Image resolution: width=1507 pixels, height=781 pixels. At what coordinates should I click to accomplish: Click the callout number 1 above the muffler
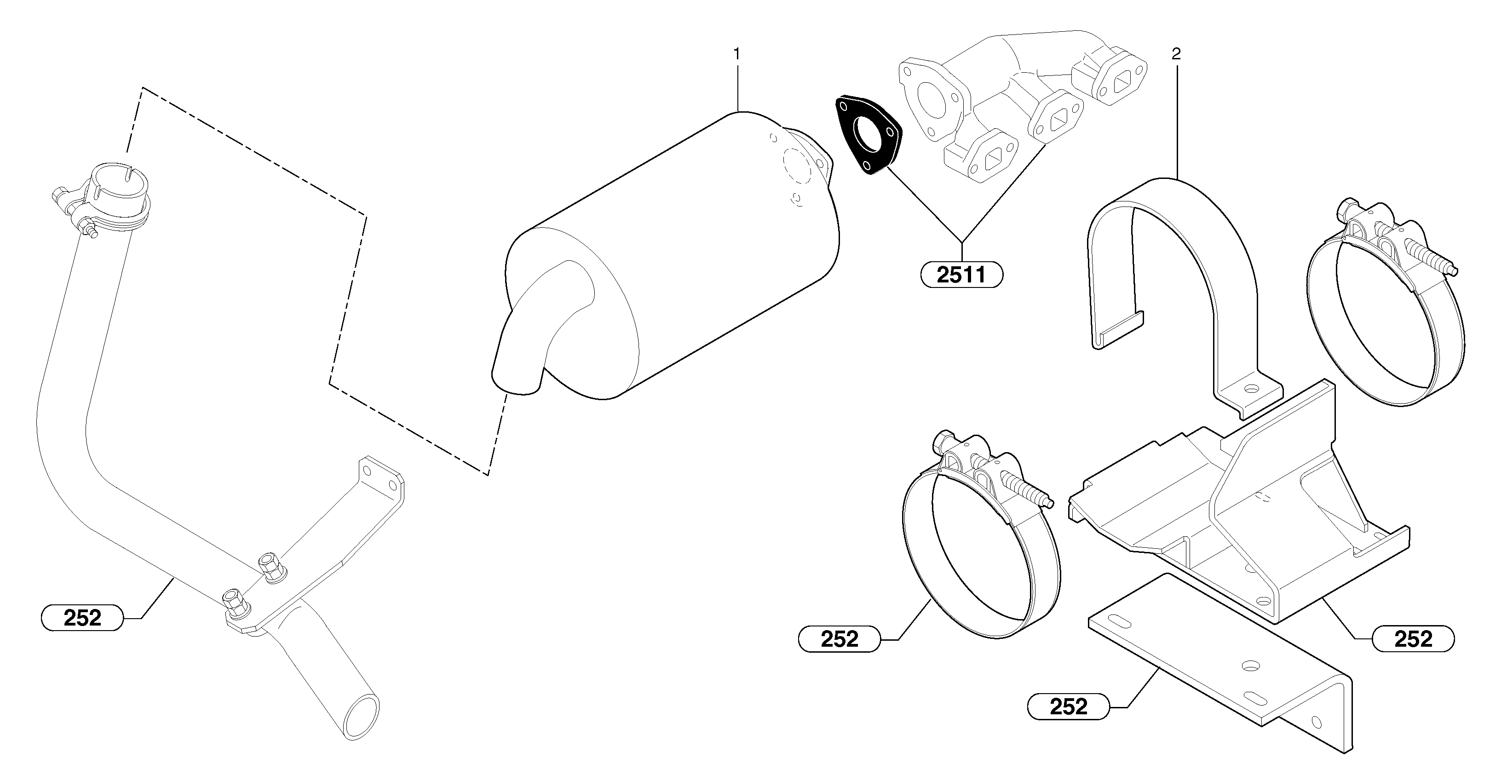[x=736, y=54]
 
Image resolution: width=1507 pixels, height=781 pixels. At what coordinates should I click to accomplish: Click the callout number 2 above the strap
[x=1176, y=54]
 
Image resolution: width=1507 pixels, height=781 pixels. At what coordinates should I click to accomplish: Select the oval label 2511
[x=961, y=275]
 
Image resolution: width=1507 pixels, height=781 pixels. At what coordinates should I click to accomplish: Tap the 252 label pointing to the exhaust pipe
[x=82, y=618]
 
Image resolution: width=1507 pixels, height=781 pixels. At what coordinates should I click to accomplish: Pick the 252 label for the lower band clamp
[x=839, y=639]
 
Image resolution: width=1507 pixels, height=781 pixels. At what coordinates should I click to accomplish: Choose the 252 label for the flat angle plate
[x=1068, y=706]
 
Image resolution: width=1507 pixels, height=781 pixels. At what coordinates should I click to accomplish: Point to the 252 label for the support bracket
[x=1413, y=639]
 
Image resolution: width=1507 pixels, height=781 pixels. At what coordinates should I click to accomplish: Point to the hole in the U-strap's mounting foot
[x=1251, y=389]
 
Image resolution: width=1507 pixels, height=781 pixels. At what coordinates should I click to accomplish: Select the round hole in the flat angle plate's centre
[x=1251, y=666]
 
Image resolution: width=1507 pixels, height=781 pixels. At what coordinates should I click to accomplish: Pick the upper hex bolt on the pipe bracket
[x=271, y=566]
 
